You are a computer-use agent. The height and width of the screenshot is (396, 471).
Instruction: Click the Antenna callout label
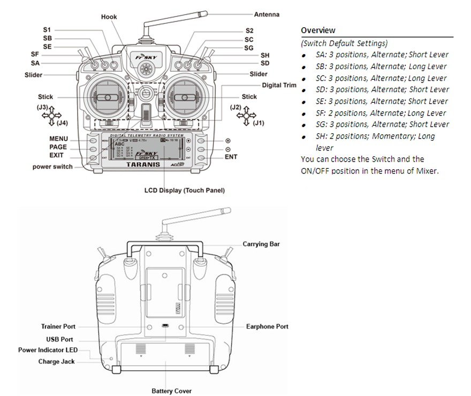(x=267, y=14)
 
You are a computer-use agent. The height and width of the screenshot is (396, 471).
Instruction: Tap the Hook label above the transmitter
(x=109, y=17)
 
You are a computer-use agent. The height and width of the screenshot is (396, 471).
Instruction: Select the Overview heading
(x=318, y=30)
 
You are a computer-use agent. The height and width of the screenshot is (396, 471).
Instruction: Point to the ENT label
(x=231, y=157)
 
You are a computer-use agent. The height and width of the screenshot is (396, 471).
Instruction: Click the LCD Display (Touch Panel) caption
(x=185, y=190)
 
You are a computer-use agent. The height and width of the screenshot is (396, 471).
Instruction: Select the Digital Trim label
(x=279, y=86)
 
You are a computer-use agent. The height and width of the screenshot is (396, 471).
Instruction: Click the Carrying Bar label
(x=261, y=244)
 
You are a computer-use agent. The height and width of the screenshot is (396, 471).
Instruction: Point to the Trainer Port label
(x=58, y=326)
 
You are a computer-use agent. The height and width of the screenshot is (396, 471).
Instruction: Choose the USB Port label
(x=59, y=339)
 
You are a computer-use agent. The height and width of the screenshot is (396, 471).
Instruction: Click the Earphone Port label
(x=267, y=326)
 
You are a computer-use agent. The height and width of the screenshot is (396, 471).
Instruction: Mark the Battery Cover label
(x=171, y=391)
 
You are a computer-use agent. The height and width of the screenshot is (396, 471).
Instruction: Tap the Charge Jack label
(x=57, y=362)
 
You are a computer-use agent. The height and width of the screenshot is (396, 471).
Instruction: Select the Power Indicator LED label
(x=48, y=350)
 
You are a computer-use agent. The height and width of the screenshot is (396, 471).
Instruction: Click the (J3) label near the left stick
(x=43, y=108)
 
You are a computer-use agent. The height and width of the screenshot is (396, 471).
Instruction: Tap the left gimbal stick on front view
(x=107, y=97)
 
